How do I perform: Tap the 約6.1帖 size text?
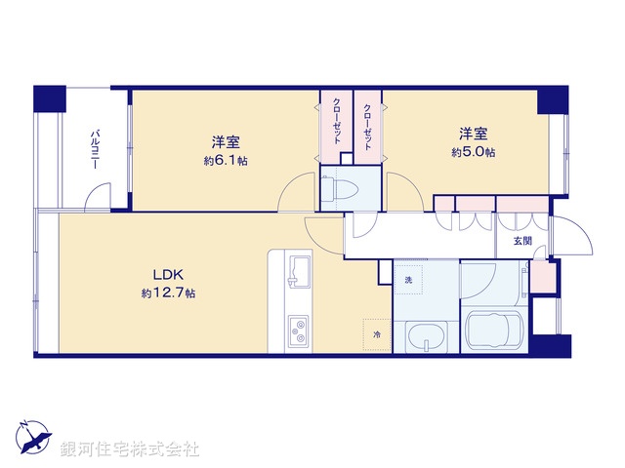(226, 160)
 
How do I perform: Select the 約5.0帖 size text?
(473, 152)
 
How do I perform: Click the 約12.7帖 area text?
(168, 292)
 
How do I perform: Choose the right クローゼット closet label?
(367, 126)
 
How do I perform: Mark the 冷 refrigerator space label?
(377, 334)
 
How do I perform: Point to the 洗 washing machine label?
(409, 281)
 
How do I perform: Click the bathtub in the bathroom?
(496, 329)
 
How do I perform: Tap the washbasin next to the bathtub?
(425, 338)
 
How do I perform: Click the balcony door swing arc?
(97, 198)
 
